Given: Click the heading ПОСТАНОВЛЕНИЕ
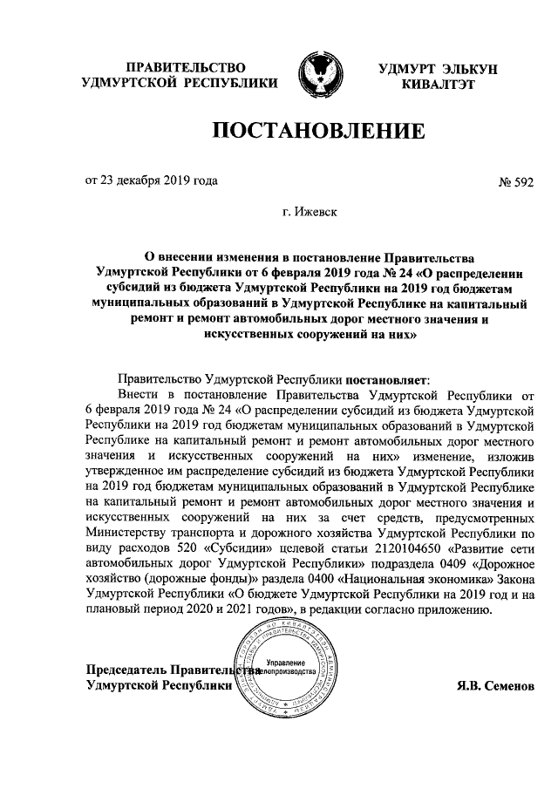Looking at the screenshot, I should click(318, 132).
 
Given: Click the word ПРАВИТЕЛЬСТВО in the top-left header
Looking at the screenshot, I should click(183, 67).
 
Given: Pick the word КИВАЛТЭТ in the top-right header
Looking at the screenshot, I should click(439, 84).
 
